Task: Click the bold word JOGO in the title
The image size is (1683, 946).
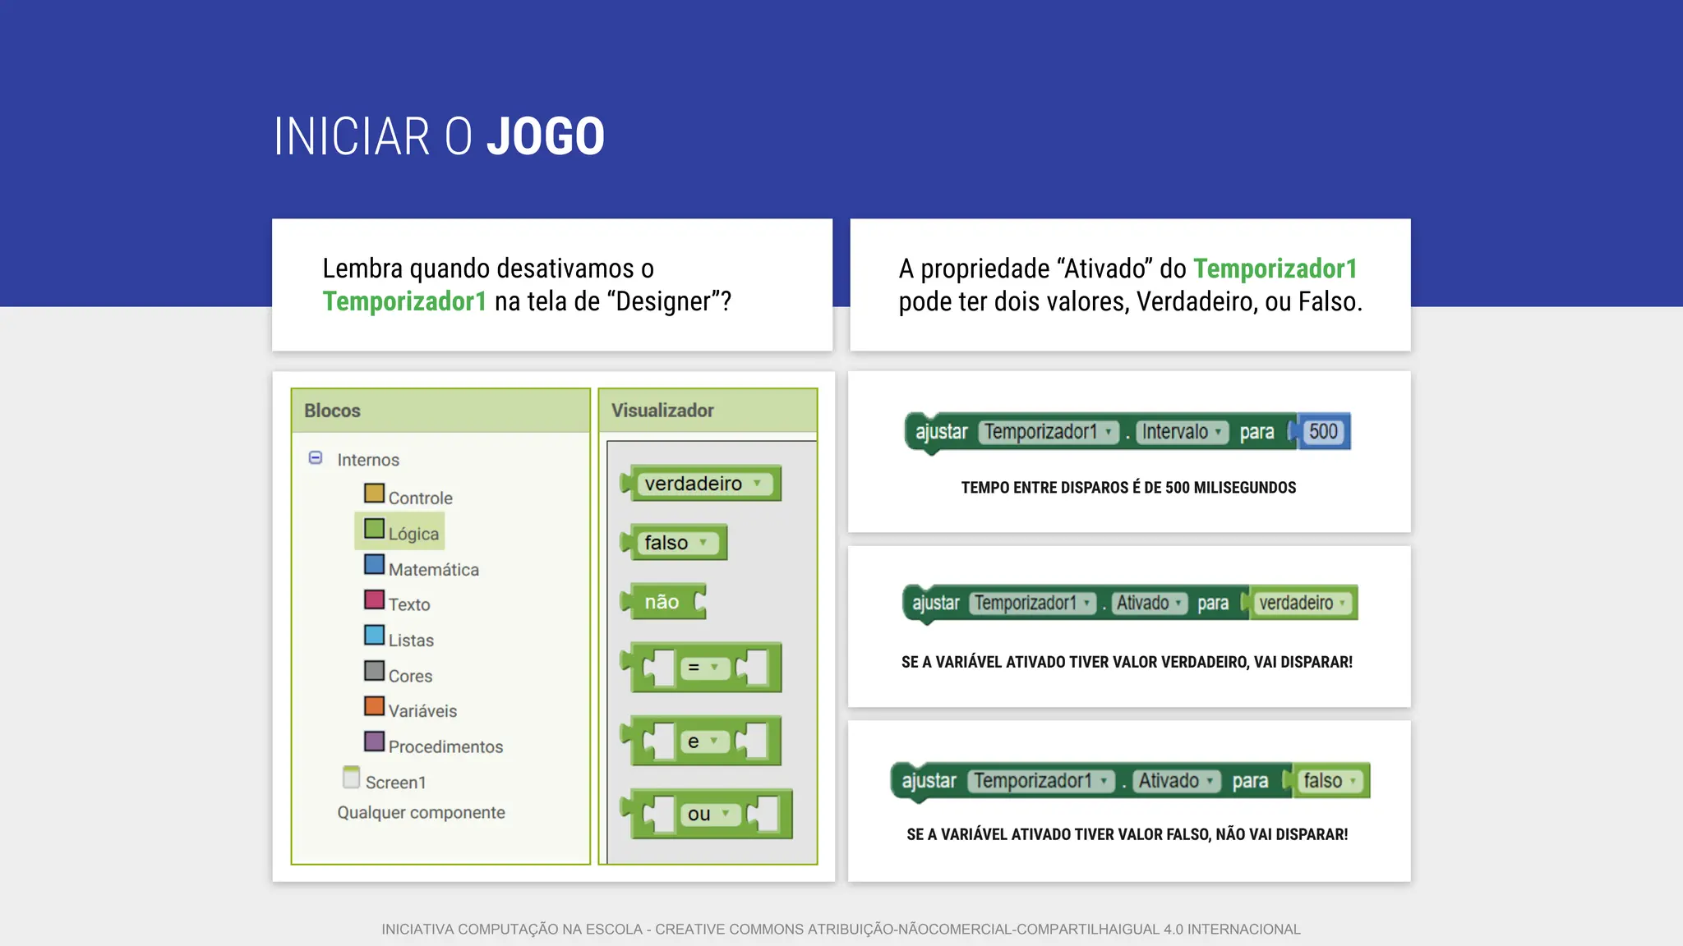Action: (x=546, y=136)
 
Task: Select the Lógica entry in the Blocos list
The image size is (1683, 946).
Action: (x=413, y=534)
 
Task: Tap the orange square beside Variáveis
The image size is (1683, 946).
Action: (x=374, y=706)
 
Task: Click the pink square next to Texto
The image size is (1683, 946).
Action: (x=374, y=599)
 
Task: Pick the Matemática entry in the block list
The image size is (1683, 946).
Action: (x=433, y=569)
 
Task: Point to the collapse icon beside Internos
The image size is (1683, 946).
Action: (x=316, y=458)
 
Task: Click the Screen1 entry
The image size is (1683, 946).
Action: (x=395, y=782)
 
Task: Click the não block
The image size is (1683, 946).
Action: (x=662, y=602)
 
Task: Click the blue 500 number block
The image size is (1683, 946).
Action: (x=1323, y=432)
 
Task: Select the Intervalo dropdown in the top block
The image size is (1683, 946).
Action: (x=1181, y=432)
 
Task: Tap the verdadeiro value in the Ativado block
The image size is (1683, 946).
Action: (x=1302, y=604)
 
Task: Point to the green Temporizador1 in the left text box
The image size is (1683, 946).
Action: (x=404, y=301)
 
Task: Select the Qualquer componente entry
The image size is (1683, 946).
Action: (x=421, y=812)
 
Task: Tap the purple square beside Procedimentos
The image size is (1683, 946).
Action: (x=374, y=742)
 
